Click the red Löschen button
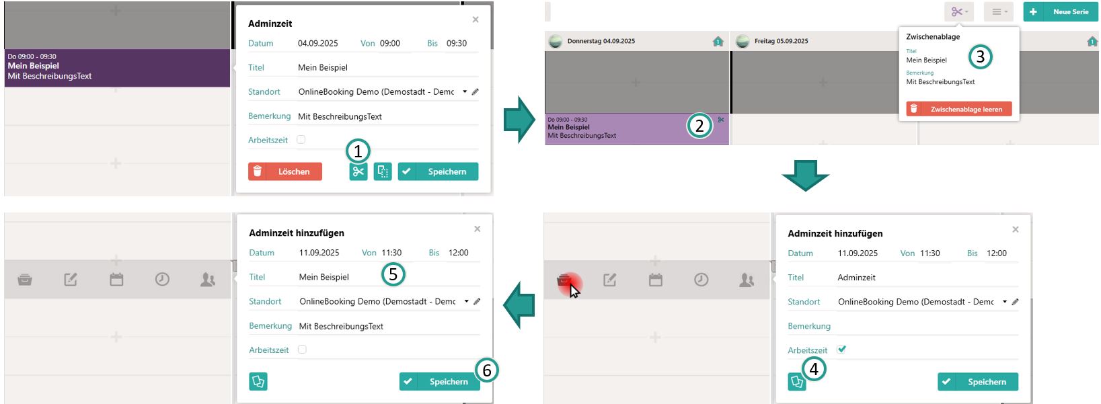[x=285, y=171]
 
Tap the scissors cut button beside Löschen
[x=358, y=171]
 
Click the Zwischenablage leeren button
[x=959, y=109]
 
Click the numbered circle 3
[x=980, y=57]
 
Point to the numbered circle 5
[x=393, y=274]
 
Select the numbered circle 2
[x=699, y=126]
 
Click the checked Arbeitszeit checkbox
[x=842, y=350]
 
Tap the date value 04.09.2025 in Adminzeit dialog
[x=317, y=43]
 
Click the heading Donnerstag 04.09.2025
[x=601, y=41]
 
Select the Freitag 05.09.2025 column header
[x=782, y=41]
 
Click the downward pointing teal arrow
[x=805, y=175]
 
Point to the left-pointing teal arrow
[x=519, y=305]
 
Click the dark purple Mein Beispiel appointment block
[x=117, y=68]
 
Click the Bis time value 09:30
[x=456, y=43]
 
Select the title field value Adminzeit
[x=856, y=278]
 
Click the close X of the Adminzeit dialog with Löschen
[x=476, y=19]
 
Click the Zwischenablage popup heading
[x=933, y=37]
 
